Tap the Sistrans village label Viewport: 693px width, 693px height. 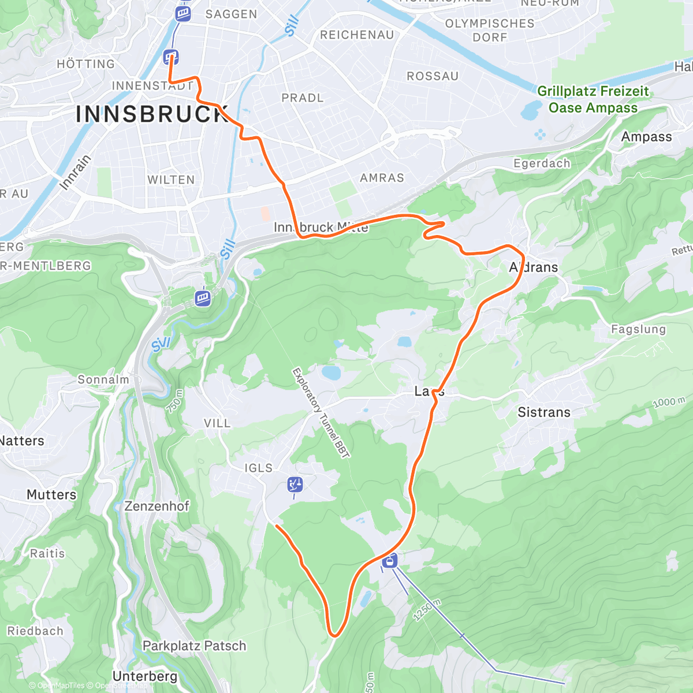543,412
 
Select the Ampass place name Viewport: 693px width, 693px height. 646,137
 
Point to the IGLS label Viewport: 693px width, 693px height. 259,468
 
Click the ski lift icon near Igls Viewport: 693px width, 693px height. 295,485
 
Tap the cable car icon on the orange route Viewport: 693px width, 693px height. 390,560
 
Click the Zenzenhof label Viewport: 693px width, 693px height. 157,506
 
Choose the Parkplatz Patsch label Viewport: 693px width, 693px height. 194,646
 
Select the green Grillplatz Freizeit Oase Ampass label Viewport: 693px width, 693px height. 593,99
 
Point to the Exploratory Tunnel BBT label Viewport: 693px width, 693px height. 321,413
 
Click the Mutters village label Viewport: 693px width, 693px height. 51,495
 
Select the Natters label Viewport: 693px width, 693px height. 22,441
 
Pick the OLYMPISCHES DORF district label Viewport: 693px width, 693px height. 490,30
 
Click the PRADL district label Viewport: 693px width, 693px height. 302,98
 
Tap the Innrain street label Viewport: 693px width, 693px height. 76,172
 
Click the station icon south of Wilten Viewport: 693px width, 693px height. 202,298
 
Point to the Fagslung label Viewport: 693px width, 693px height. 638,329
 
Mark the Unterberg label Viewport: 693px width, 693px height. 145,676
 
